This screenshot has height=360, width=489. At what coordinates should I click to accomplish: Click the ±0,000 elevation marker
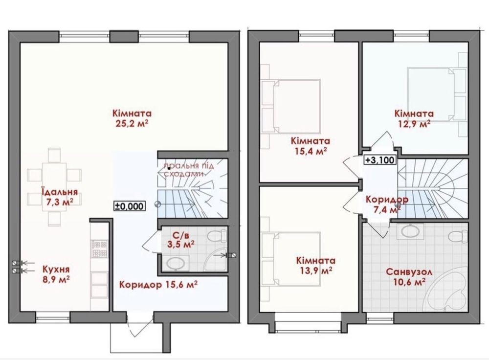pyautogui.click(x=130, y=206)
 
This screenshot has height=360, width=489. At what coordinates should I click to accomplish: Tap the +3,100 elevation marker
pyautogui.click(x=380, y=160)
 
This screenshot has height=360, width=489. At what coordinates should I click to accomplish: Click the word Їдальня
pyautogui.click(x=60, y=191)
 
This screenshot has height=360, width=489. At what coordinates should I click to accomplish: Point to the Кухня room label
pyautogui.click(x=56, y=269)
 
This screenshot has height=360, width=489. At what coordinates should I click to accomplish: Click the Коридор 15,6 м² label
pyautogui.click(x=159, y=285)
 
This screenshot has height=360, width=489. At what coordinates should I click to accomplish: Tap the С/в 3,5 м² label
pyautogui.click(x=181, y=239)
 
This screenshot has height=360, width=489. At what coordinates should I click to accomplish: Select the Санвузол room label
pyautogui.click(x=409, y=272)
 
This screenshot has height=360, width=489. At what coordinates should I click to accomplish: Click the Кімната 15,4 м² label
pyautogui.click(x=311, y=146)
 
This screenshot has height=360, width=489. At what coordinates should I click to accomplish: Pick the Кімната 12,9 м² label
pyautogui.click(x=414, y=118)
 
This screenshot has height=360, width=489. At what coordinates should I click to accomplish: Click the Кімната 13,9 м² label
pyautogui.click(x=316, y=265)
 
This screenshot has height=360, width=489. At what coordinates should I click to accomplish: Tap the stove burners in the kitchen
pyautogui.click(x=99, y=247)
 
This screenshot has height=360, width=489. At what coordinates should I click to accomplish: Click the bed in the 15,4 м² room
pyautogui.click(x=290, y=106)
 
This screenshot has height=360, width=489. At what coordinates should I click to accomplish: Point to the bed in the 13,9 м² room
pyautogui.click(x=290, y=259)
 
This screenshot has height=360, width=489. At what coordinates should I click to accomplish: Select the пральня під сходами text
pyautogui.click(x=189, y=169)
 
